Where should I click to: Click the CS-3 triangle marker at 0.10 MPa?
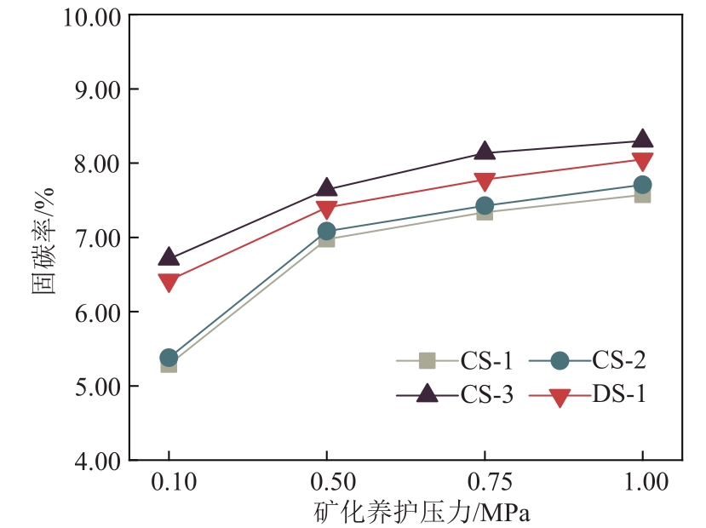[169, 256]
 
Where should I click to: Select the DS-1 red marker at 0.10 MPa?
[169, 282]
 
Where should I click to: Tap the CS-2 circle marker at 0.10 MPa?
[169, 357]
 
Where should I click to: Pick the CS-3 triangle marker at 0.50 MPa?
[327, 188]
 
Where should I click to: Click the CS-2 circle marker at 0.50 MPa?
[327, 231]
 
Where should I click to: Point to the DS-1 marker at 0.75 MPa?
[485, 181]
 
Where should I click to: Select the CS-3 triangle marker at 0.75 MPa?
[485, 152]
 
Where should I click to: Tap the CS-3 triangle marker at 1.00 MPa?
[642, 140]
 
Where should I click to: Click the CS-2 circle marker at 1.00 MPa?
[642, 185]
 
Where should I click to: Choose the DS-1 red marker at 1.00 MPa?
[642, 162]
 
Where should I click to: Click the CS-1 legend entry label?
[486, 361]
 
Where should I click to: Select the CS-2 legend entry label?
[619, 361]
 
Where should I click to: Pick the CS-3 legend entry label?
[486, 395]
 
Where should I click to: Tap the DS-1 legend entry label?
[619, 395]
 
